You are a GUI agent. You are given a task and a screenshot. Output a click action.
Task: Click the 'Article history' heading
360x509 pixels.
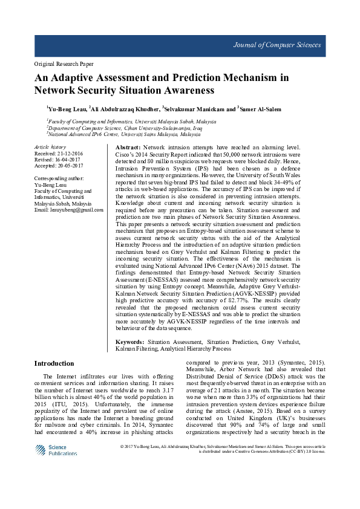point(50,147)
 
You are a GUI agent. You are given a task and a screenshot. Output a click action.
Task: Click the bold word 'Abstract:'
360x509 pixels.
point(128,148)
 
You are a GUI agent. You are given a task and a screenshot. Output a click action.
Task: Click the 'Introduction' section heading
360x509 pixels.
point(54,363)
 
